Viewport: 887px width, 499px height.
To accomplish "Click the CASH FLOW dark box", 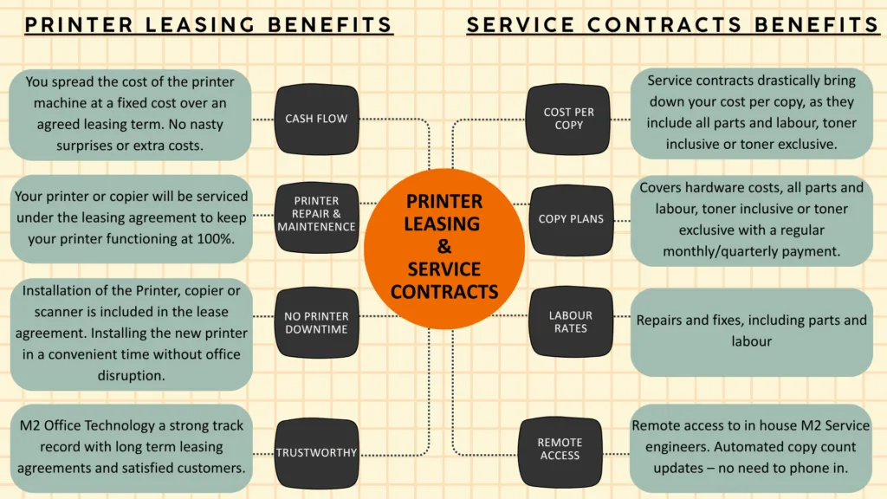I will click(x=316, y=119).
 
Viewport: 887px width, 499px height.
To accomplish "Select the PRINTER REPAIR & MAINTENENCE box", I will click(x=316, y=214).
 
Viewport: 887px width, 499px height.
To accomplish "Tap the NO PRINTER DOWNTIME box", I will click(x=316, y=322).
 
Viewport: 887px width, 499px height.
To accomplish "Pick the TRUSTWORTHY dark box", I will click(x=316, y=452).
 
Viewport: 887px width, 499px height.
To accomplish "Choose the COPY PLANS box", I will click(x=571, y=219).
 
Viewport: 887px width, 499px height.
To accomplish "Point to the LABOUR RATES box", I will click(x=571, y=321).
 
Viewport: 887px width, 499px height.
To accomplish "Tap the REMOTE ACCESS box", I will click(x=560, y=449).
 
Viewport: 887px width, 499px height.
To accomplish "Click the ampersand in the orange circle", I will click(x=444, y=247).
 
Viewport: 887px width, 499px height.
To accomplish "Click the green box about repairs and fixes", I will click(x=751, y=331).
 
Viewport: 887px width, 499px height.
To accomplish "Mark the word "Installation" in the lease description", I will click(x=62, y=291).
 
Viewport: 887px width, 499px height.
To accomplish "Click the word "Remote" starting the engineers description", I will click(x=657, y=425).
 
